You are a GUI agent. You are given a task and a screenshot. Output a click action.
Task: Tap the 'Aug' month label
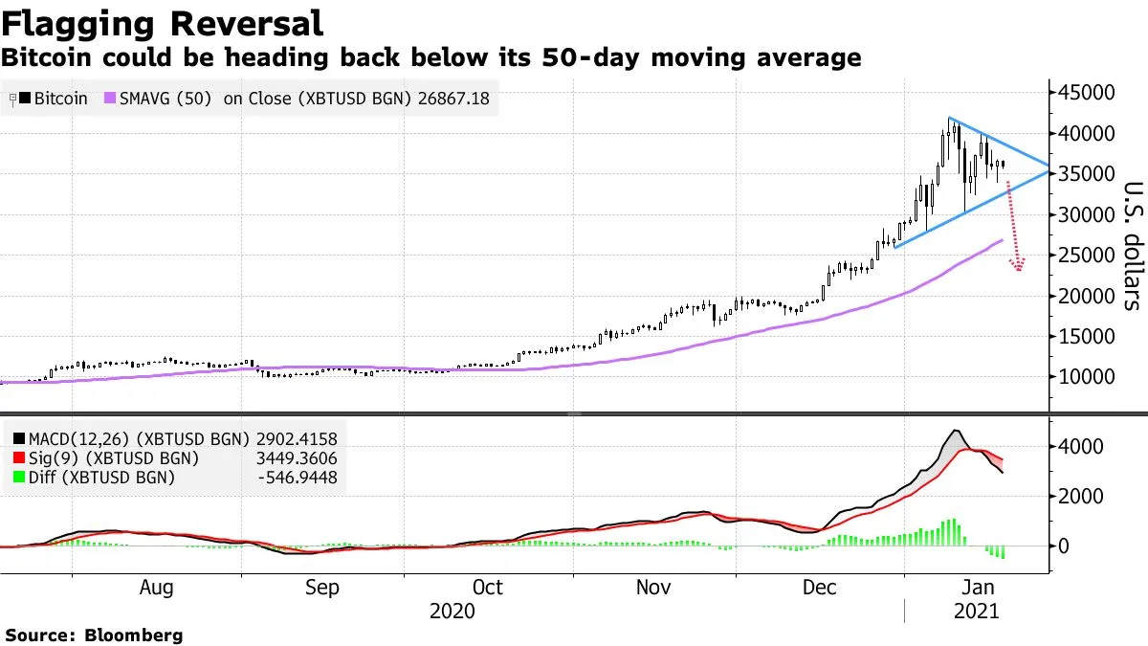click(x=156, y=588)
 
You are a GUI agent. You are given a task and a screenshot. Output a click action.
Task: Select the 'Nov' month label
click(x=654, y=588)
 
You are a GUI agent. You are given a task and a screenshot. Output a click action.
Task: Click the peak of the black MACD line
click(x=955, y=431)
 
